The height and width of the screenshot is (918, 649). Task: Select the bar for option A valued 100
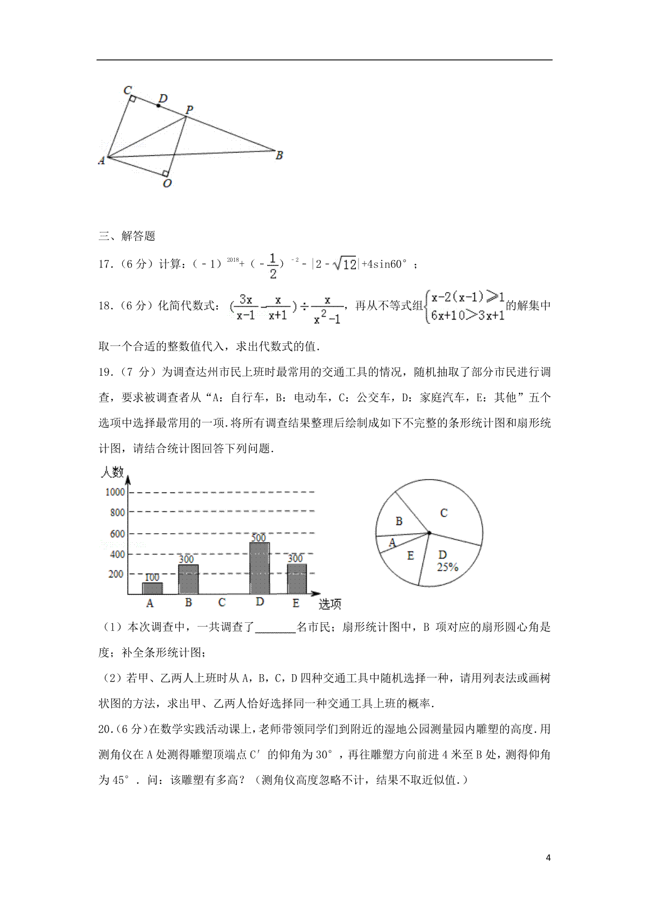[152, 588]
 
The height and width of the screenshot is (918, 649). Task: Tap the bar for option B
[188, 580]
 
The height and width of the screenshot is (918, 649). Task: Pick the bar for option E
[296, 579]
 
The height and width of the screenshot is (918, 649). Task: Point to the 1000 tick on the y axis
[115, 492]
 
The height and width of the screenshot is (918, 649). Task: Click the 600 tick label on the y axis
[117, 534]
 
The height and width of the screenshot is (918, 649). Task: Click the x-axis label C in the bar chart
[222, 602]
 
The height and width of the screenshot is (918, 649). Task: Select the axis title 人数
[112, 472]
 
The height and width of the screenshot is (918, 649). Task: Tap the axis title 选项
[330, 604]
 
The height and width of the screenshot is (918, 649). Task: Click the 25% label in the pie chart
[448, 567]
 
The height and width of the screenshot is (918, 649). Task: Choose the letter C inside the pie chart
[443, 513]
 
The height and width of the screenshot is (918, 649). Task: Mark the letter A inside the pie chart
[393, 543]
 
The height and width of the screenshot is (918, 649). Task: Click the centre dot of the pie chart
[429, 533]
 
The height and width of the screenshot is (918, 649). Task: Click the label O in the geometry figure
[167, 184]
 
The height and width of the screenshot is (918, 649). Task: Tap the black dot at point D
[158, 105]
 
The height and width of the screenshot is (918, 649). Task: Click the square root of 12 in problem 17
[345, 264]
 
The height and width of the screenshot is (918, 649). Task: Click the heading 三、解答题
[127, 236]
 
